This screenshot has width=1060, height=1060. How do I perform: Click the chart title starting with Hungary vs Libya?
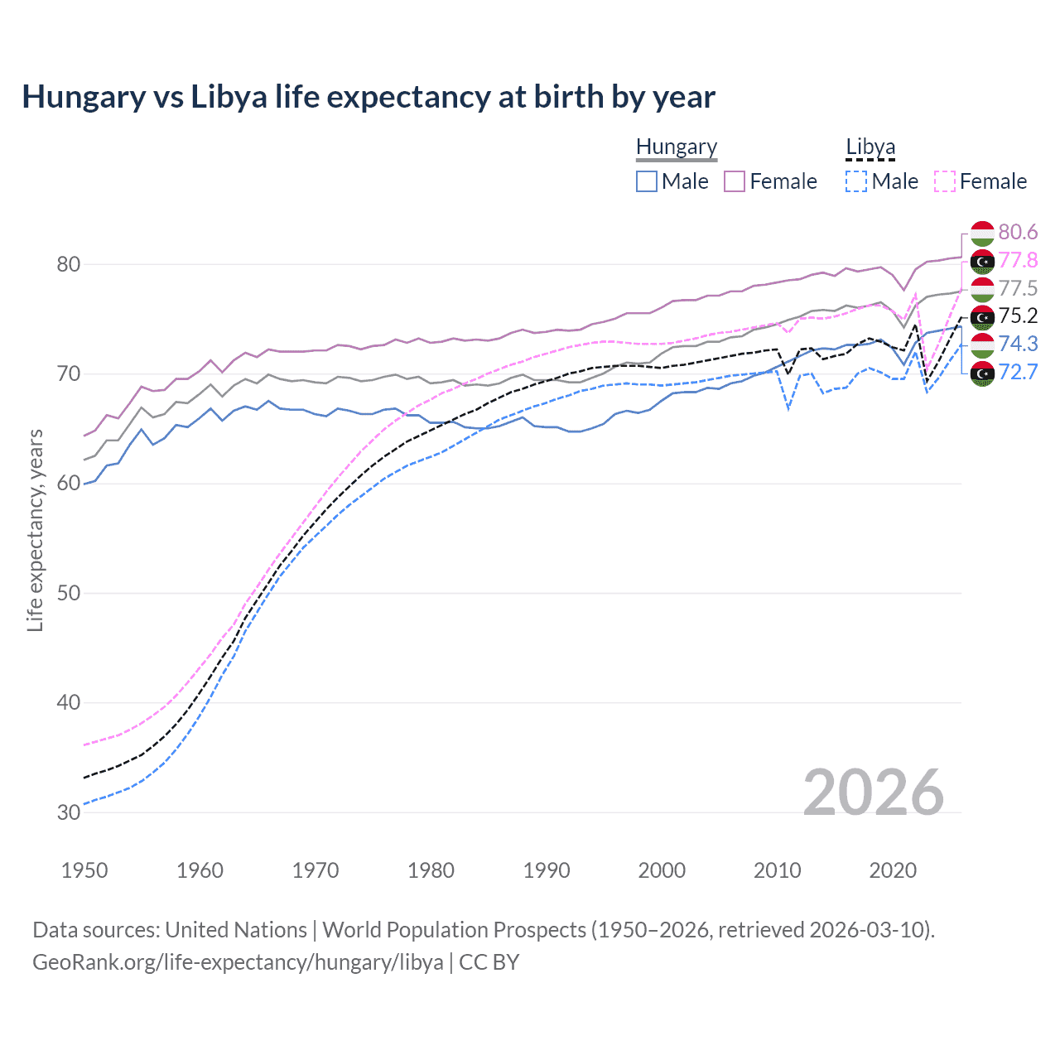(x=369, y=97)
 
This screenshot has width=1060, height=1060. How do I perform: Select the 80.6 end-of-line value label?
(x=1018, y=232)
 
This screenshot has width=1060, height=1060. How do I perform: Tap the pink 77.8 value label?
(x=1018, y=260)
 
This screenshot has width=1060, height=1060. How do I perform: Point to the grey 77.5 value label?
(x=1018, y=288)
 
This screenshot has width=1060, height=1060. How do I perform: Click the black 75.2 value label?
(x=1018, y=316)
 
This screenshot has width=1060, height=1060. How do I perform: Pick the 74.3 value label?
(x=1018, y=344)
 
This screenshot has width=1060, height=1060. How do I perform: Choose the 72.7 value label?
(x=1018, y=372)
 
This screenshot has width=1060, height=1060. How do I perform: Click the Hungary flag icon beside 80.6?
(x=982, y=233)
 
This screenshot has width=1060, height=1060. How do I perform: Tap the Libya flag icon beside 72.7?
(x=982, y=373)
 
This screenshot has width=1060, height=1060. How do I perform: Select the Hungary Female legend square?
(x=735, y=181)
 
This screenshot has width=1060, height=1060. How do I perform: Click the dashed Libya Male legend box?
(x=856, y=181)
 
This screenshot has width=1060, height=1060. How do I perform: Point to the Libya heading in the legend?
(x=870, y=147)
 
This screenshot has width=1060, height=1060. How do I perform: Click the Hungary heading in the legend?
(x=677, y=147)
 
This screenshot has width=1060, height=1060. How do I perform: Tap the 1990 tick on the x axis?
(x=547, y=870)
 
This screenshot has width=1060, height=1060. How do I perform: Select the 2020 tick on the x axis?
(x=893, y=870)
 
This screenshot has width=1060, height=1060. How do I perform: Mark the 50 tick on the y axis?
(x=69, y=593)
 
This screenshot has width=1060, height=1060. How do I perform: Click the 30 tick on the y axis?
(x=69, y=812)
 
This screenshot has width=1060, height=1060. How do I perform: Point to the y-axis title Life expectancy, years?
(x=35, y=530)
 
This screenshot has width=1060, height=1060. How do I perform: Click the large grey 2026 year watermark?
(x=874, y=793)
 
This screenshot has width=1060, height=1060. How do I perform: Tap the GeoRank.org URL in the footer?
(x=238, y=962)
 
